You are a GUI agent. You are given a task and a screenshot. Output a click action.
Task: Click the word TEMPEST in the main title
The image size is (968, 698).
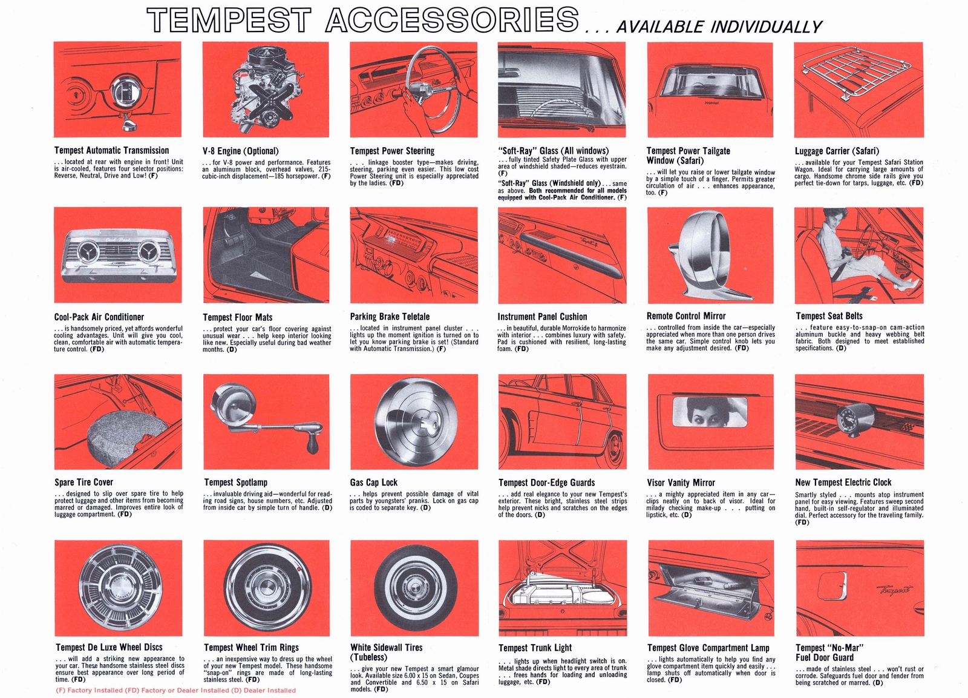229,21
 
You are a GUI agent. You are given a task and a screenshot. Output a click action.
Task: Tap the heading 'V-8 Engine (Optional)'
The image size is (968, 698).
240,151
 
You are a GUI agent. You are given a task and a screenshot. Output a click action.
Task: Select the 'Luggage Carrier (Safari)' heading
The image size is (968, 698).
837,151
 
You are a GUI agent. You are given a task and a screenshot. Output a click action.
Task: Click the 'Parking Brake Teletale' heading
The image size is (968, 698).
390,317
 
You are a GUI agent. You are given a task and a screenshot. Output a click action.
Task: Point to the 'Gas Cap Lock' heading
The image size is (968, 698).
373,482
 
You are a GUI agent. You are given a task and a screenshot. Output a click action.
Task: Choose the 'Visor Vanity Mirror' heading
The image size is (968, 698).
681,482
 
